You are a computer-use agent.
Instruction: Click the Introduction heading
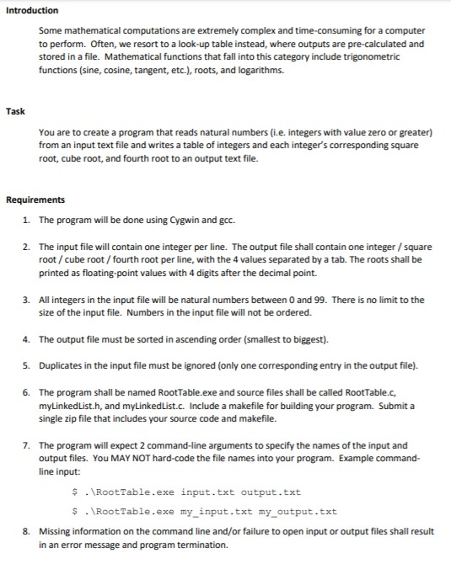(x=32, y=10)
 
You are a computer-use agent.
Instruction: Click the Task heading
(x=15, y=111)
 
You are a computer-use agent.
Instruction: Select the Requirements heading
(x=36, y=199)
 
